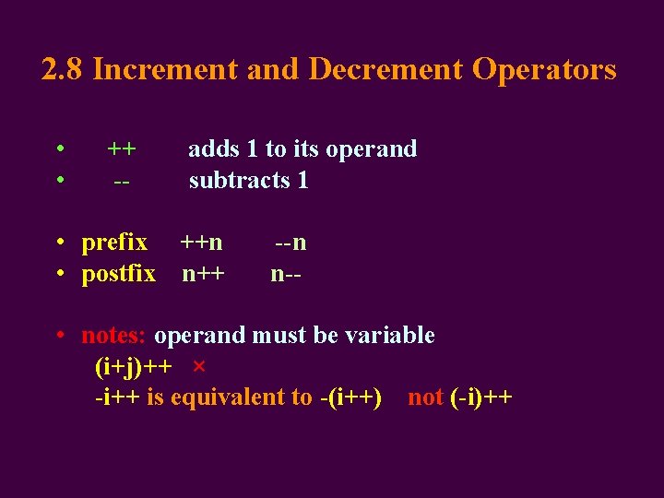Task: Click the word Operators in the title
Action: click(x=544, y=69)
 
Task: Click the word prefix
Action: click(x=114, y=243)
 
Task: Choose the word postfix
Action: click(x=119, y=274)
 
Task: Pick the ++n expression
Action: click(x=201, y=243)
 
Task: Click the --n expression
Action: click(x=290, y=243)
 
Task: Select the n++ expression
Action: click(x=203, y=274)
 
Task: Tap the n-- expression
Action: click(x=287, y=274)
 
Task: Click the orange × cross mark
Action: click(x=198, y=367)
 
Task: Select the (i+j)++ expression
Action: click(x=133, y=367)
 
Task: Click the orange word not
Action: click(x=425, y=397)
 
